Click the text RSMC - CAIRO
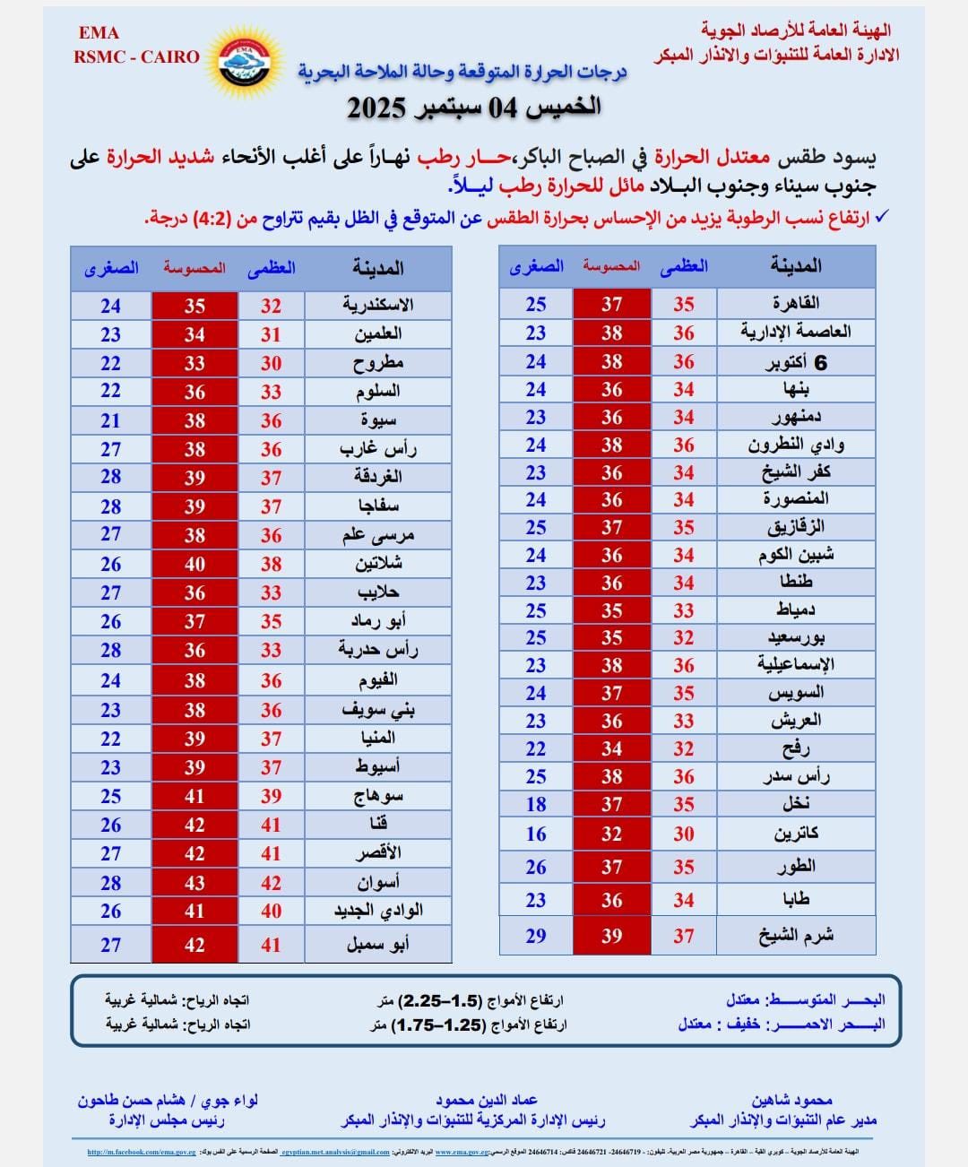click(136, 56)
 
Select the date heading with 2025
click(474, 108)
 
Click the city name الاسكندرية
click(377, 305)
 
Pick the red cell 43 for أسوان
click(194, 883)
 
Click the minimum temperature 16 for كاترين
click(536, 834)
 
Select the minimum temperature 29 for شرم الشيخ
click(536, 936)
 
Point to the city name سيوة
click(378, 420)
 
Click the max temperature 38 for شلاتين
click(271, 564)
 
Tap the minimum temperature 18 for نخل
click(536, 804)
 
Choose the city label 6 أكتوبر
click(796, 361)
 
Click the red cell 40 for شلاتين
click(194, 564)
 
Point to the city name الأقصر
click(378, 853)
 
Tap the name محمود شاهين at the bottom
click(792, 1100)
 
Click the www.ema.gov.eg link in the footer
click(461, 1152)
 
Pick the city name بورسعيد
click(796, 637)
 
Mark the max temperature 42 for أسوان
click(271, 883)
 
